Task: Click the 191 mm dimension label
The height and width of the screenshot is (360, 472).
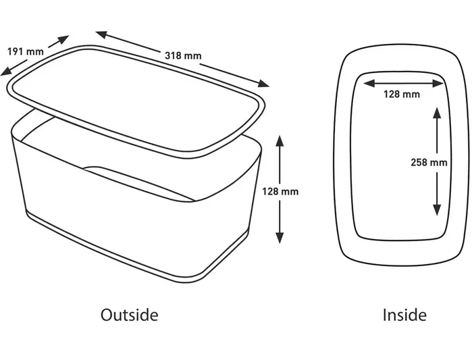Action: [x=25, y=51]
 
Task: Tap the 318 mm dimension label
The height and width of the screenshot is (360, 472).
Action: [x=183, y=55]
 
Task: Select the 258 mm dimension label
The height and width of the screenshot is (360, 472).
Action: [x=429, y=163]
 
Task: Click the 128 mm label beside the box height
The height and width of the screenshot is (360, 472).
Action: [x=280, y=192]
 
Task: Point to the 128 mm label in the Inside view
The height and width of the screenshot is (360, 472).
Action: [x=402, y=94]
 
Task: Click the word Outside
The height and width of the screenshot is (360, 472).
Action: [x=130, y=315]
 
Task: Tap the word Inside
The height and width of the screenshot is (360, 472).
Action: [x=404, y=315]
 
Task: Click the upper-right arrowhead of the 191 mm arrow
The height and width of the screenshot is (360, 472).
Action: [x=63, y=40]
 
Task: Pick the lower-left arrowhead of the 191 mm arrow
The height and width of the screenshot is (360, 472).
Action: [x=6, y=71]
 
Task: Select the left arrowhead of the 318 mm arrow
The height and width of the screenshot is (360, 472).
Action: [x=102, y=34]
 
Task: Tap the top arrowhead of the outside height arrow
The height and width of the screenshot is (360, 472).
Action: [x=280, y=141]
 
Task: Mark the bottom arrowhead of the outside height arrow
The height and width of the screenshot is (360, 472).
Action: [x=280, y=238]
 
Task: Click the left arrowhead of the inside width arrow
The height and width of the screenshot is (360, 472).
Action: [x=369, y=83]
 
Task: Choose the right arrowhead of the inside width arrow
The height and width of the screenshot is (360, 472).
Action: [x=438, y=83]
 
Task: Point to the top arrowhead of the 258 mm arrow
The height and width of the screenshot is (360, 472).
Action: [x=437, y=112]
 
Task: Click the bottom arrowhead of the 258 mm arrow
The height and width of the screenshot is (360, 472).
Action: [x=437, y=210]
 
